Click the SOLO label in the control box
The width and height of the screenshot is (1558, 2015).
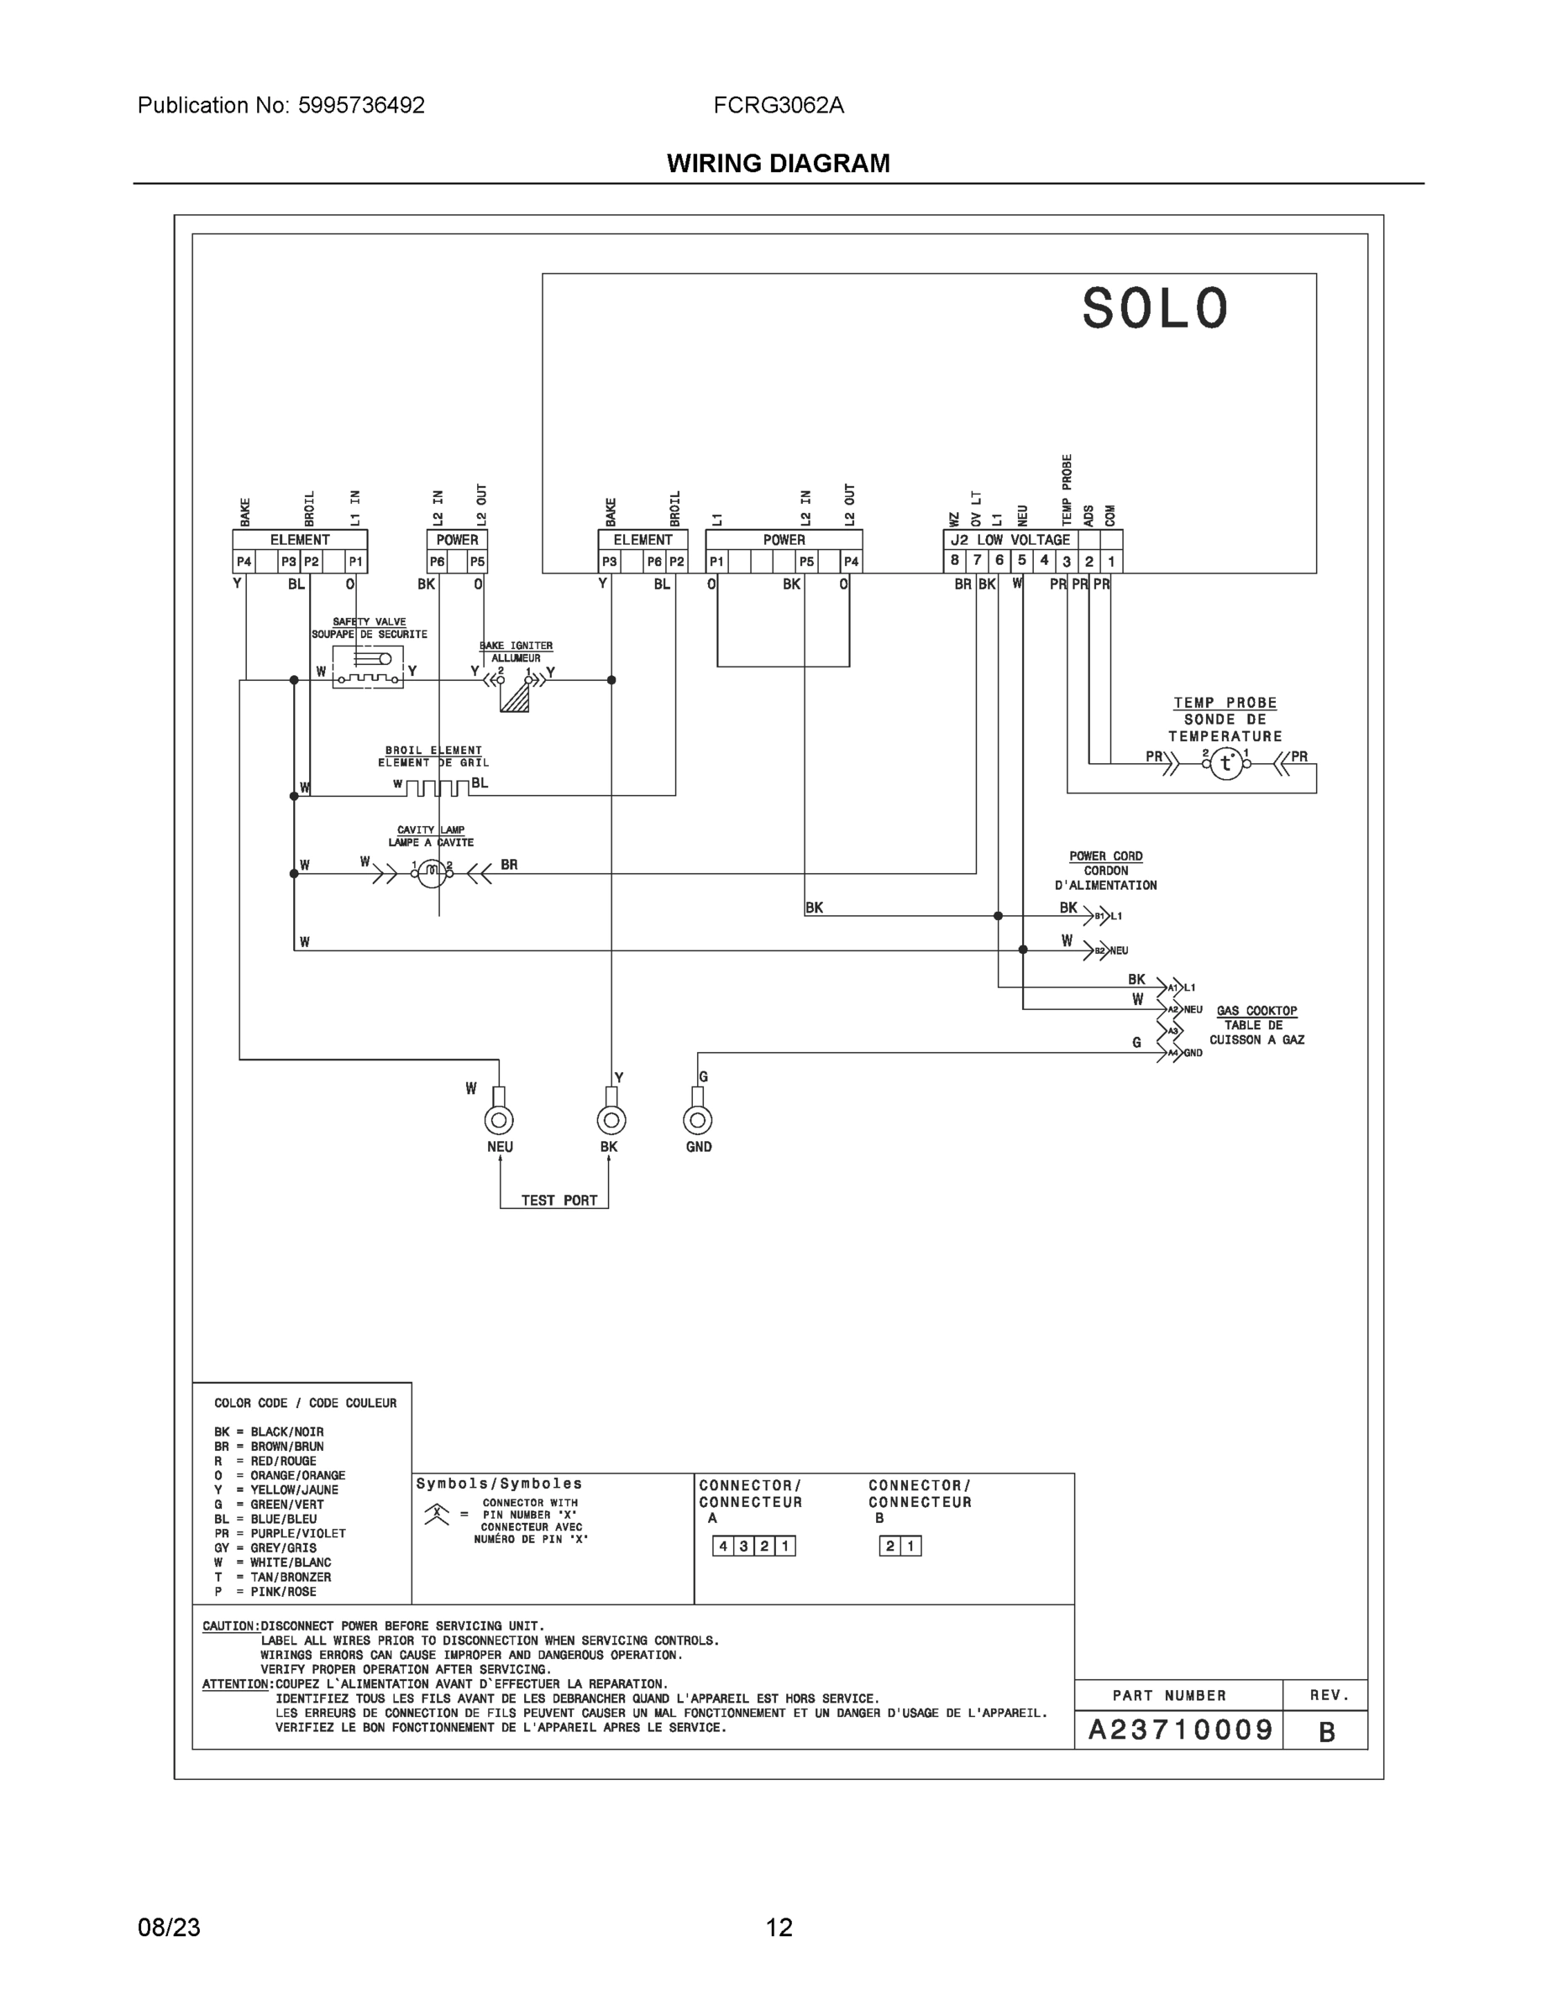[x=1155, y=309]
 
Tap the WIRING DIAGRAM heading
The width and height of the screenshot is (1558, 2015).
[x=778, y=164]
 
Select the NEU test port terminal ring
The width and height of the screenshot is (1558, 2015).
[x=500, y=1121]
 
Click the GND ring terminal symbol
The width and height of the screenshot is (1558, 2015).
[x=698, y=1121]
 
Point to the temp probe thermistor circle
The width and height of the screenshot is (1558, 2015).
[x=1225, y=763]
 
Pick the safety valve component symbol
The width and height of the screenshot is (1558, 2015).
[x=368, y=668]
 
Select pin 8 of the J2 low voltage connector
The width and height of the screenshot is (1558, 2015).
[x=955, y=560]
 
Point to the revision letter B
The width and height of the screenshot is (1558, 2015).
[x=1326, y=1733]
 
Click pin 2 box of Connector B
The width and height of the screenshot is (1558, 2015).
[x=889, y=1547]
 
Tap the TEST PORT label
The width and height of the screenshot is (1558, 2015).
[x=559, y=1201]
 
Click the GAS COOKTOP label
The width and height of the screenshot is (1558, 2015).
[x=1256, y=1011]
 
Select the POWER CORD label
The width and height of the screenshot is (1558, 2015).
[x=1106, y=856]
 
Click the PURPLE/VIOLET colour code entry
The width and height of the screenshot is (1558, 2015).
[x=281, y=1533]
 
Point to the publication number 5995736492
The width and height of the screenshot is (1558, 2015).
[x=361, y=105]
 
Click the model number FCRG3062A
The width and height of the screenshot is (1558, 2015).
[x=778, y=105]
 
